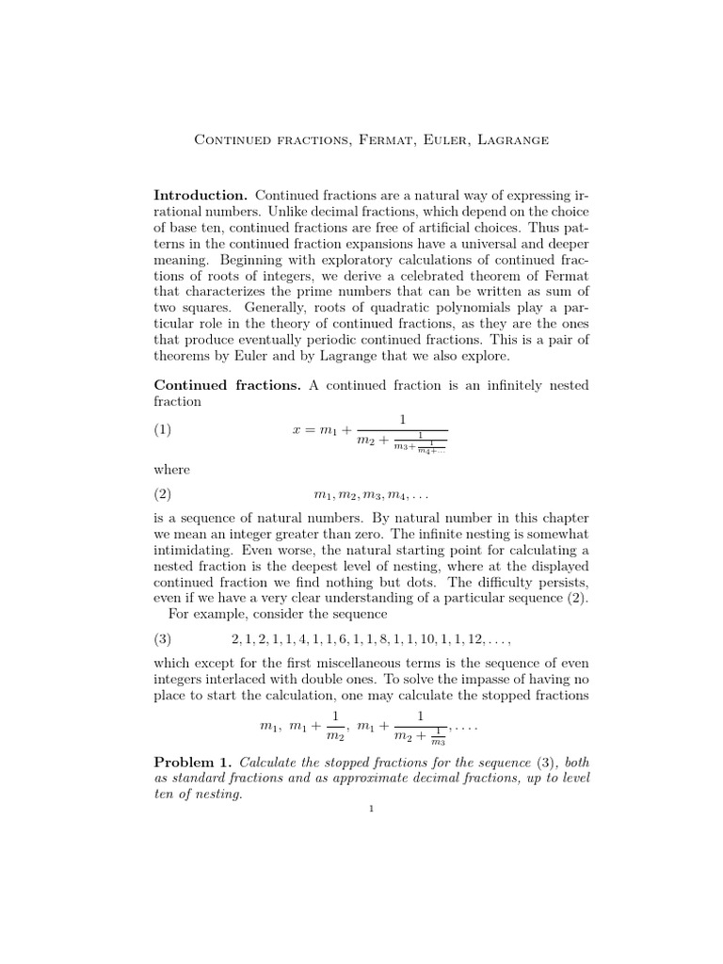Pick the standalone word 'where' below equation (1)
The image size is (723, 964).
[171, 470]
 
